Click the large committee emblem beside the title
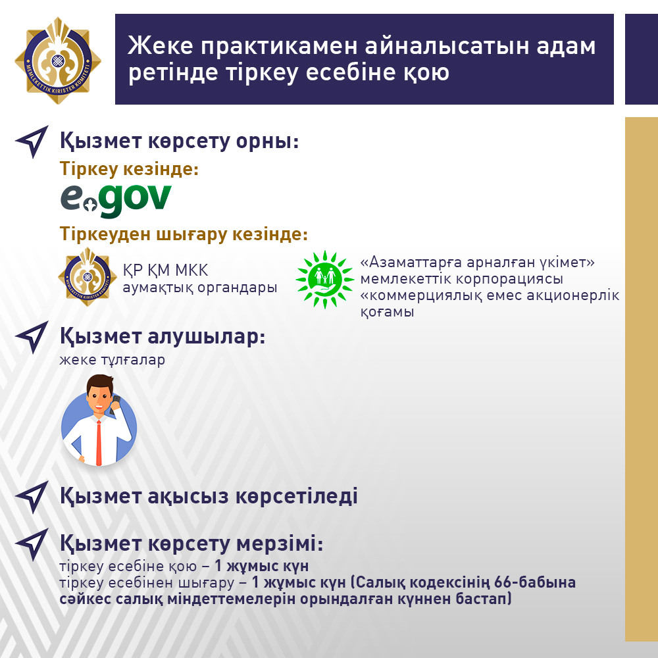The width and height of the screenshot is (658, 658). point(58,61)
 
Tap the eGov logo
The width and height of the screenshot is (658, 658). point(116,201)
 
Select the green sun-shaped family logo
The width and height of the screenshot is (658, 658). point(325,279)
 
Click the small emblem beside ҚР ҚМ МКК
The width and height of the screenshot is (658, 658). point(88,276)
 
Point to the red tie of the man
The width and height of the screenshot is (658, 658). point(99,443)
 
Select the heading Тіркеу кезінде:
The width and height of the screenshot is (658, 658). point(129,168)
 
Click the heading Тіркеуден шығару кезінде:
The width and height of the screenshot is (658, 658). point(184,234)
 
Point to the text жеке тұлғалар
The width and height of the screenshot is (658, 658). point(112,360)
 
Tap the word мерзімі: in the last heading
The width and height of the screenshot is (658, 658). point(280,544)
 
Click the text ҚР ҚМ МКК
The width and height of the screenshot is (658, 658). point(165,270)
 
